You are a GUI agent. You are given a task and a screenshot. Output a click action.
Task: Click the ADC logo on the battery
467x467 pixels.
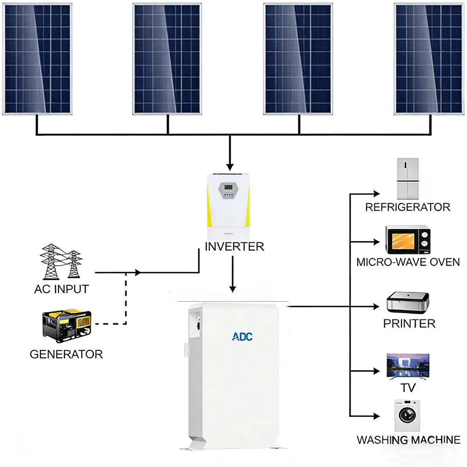(x=242, y=336)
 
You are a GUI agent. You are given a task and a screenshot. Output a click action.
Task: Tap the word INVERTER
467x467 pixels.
(x=234, y=247)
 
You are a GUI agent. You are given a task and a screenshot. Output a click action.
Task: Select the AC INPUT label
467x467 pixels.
(x=61, y=289)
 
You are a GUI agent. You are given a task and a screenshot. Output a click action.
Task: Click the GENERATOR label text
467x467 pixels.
(x=66, y=354)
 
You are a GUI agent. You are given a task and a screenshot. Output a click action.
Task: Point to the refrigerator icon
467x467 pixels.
(x=407, y=179)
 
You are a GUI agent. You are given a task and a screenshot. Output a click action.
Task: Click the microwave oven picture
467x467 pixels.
(x=407, y=239)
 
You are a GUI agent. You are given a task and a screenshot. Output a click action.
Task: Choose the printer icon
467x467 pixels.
(x=408, y=303)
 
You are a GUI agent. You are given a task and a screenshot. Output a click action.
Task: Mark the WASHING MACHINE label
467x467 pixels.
(x=408, y=440)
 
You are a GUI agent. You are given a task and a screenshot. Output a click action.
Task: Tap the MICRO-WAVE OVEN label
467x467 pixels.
(x=408, y=262)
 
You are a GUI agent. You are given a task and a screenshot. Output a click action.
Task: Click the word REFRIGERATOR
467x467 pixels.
(x=407, y=207)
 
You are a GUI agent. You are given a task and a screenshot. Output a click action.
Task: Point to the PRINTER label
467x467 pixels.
(x=409, y=324)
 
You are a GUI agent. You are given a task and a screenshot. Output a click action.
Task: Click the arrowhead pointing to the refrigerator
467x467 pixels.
(x=376, y=193)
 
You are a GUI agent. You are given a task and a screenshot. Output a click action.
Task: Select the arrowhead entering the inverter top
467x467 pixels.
(x=229, y=167)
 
